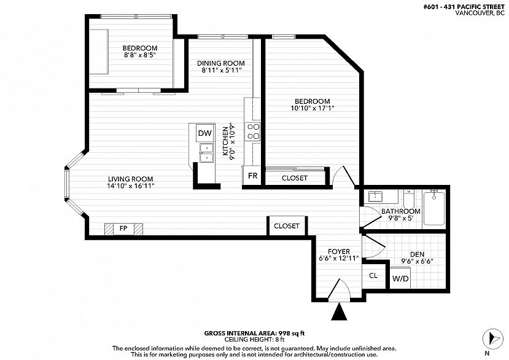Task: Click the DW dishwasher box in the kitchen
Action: point(205,133)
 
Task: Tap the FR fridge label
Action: point(252,176)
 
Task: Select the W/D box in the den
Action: point(400,278)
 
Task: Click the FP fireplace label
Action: point(123,229)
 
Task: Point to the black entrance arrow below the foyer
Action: point(339,311)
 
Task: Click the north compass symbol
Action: point(492,339)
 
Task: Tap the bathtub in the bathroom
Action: point(434,208)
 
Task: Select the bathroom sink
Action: point(375,197)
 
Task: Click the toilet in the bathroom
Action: point(409,198)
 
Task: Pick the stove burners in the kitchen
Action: point(252,131)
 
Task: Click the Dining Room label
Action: point(221,63)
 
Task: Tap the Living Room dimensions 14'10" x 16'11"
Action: point(131,186)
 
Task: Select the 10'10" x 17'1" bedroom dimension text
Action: point(313,108)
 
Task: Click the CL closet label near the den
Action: point(373,275)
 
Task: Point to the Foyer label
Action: point(339,251)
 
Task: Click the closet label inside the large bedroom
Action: point(295,178)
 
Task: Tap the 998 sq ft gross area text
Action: point(291,333)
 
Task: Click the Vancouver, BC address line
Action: point(480,14)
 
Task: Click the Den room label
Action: point(417,254)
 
